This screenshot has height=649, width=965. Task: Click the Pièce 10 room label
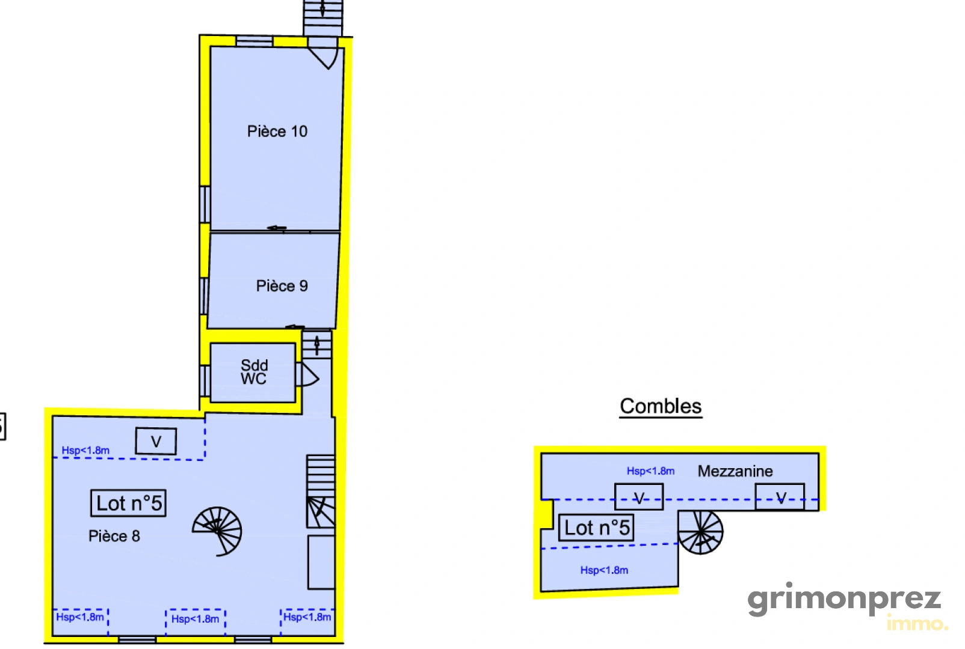point(277,131)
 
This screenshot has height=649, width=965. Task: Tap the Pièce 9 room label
point(282,286)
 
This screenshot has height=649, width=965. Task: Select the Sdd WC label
point(254,372)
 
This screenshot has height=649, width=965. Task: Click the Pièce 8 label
point(114,536)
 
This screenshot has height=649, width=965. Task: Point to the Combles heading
point(661,406)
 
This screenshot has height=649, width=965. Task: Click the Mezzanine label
point(735,471)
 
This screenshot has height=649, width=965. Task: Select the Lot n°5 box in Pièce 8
point(128,503)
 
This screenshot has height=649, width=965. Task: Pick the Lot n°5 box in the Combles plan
point(596,528)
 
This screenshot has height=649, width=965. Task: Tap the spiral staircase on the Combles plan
point(701,532)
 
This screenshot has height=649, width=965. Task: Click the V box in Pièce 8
point(156,441)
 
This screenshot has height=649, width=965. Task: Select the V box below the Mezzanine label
point(780,497)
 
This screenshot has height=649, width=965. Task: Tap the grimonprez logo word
point(844,600)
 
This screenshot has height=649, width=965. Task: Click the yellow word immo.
point(917,624)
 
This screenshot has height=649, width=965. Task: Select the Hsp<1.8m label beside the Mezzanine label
point(650,471)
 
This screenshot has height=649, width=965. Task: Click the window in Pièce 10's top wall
point(254,41)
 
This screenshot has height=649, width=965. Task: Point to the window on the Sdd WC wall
point(205,381)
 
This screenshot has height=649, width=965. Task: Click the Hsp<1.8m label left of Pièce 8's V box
point(85,451)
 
